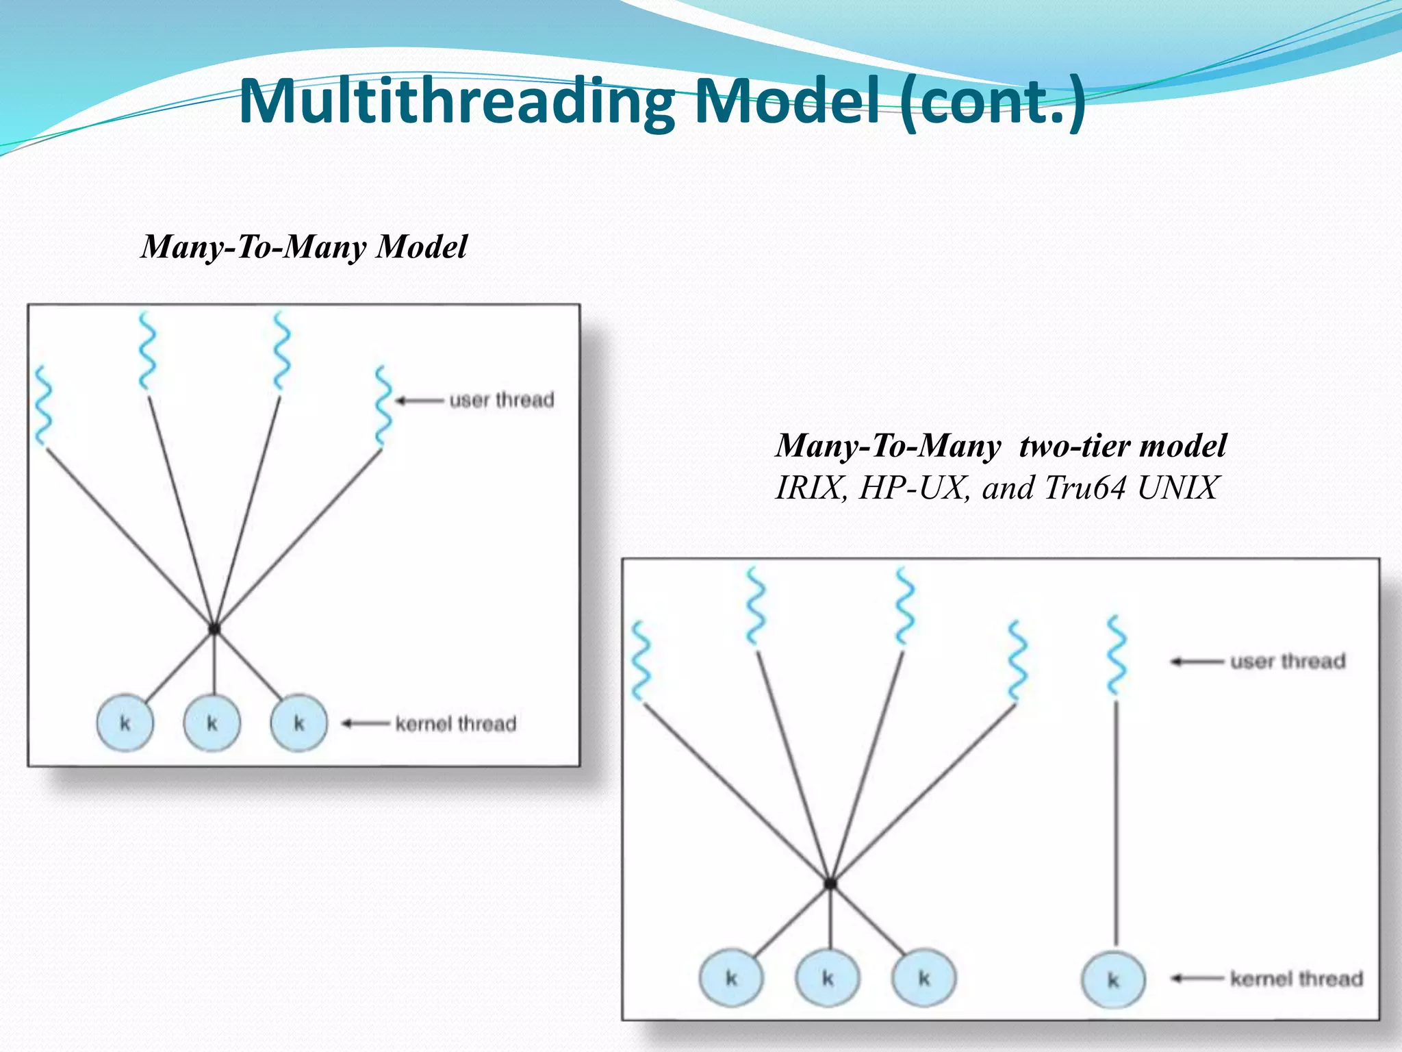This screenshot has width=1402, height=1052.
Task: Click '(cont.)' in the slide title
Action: (992, 103)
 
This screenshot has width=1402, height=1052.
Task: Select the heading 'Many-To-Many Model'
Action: (304, 247)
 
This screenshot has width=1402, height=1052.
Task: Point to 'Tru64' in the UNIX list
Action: (1085, 488)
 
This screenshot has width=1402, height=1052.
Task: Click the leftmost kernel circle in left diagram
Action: (125, 723)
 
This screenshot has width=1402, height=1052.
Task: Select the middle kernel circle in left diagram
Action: (212, 723)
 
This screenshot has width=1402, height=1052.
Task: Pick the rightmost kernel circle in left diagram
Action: (298, 723)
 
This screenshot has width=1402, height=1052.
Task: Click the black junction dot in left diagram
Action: (214, 628)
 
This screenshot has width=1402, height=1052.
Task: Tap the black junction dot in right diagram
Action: (830, 884)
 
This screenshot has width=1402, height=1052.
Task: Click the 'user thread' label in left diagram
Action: (501, 400)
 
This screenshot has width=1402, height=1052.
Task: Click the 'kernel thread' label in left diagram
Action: (456, 724)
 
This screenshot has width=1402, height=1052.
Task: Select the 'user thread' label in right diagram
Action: (1288, 662)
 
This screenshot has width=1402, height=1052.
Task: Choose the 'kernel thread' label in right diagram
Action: (1297, 979)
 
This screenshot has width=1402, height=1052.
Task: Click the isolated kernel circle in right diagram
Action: (1113, 979)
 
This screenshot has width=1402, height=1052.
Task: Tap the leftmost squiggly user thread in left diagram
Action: (43, 405)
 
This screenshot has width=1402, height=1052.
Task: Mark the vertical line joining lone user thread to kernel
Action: (1117, 822)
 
